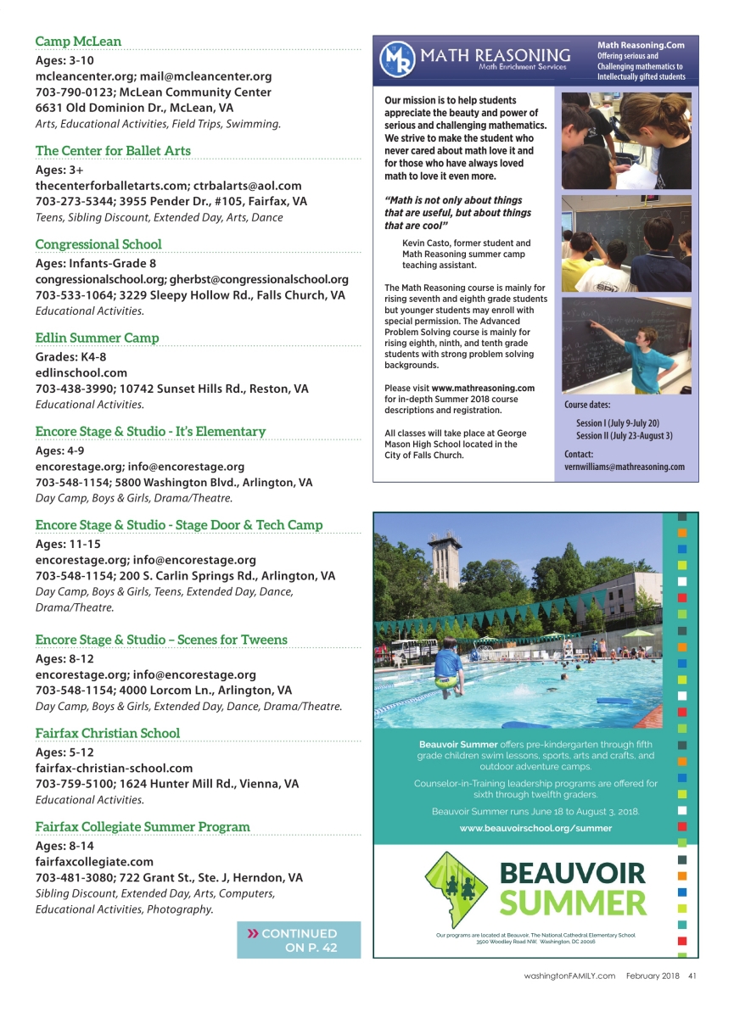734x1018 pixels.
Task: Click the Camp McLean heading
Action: coord(78,42)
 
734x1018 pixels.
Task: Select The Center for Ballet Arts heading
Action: coord(113,151)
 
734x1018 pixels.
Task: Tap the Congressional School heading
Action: coord(98,244)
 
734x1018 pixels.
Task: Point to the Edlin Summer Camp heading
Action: coord(97,338)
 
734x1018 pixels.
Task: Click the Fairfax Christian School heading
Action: coord(108,733)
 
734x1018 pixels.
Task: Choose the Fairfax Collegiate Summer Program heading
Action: coord(143,826)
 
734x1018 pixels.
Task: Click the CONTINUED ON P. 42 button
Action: coord(299,940)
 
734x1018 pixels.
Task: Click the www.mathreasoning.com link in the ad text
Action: coord(483,388)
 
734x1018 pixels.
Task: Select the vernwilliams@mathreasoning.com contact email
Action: coord(624,467)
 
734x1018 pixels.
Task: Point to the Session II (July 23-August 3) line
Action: coord(624,436)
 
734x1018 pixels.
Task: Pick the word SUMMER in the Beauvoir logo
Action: coord(573,903)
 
